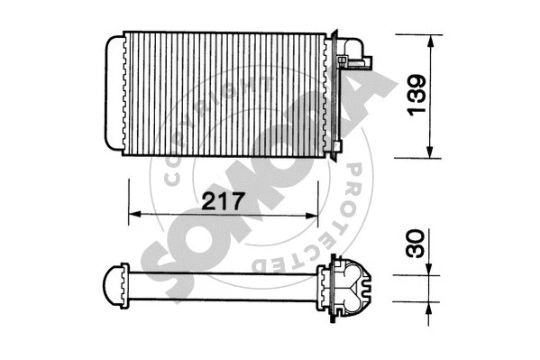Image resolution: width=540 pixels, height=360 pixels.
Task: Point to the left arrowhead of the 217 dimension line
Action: tap(135, 215)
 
